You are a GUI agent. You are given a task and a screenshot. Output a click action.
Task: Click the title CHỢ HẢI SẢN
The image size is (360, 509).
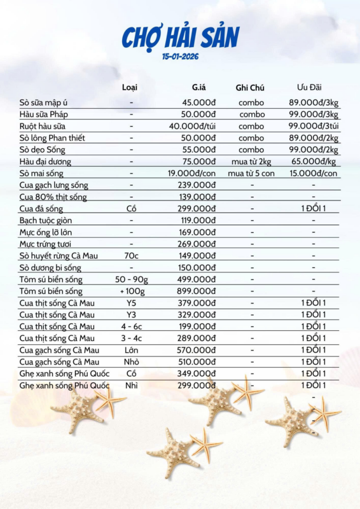point(181,39)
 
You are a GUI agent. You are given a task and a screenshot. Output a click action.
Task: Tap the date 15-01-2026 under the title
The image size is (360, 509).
point(180,57)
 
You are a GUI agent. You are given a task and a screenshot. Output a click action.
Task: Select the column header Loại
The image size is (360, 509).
point(130,87)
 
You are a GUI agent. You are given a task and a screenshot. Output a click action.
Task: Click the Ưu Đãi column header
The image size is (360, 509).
point(311,87)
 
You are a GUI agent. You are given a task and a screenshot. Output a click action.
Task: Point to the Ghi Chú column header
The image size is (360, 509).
point(250,88)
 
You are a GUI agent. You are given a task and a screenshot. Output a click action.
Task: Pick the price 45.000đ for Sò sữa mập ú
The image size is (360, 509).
point(198,102)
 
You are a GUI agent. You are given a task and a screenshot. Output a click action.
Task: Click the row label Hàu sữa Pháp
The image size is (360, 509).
point(43,115)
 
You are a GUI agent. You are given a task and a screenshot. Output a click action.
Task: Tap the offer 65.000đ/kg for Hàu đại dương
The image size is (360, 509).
point(314,162)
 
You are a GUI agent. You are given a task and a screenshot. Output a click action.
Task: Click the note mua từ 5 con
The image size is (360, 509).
point(250,173)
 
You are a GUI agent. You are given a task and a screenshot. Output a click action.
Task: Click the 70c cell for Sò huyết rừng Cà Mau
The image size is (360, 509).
point(131,256)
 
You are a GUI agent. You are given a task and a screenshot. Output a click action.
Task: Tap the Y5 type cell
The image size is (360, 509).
point(131,303)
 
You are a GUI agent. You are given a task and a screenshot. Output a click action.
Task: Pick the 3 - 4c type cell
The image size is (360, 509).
point(131,338)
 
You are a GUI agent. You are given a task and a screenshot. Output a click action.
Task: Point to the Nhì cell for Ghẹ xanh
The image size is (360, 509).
point(131,385)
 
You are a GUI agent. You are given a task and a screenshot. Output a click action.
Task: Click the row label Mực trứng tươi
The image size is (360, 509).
point(45,244)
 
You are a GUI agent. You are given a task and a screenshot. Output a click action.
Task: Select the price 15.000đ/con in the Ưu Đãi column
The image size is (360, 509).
point(314,173)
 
